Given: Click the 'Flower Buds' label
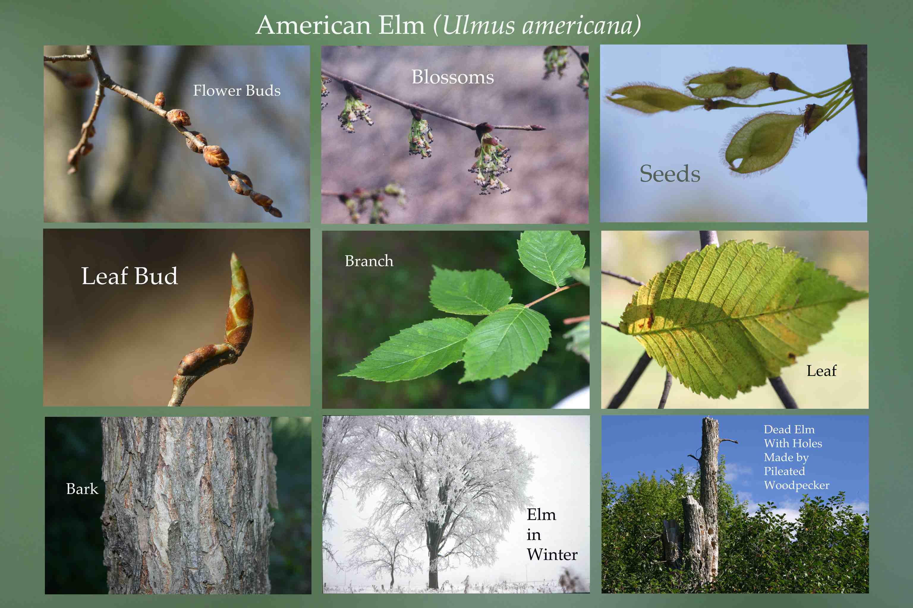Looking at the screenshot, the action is tap(237, 91).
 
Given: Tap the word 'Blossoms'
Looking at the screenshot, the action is tap(453, 77).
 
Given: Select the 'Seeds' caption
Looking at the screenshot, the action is tap(670, 173).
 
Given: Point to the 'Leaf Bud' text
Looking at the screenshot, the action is tap(130, 276).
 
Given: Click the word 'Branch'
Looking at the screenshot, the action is tap(369, 261).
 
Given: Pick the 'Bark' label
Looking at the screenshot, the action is tap(82, 489).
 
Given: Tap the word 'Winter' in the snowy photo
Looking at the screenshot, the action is tap(552, 555).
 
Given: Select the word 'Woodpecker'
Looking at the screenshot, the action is tap(796, 485).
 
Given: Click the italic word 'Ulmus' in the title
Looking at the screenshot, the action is tap(478, 26).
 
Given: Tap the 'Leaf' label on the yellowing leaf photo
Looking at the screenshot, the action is tap(821, 371).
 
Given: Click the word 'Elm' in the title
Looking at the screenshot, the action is tap(402, 26).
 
